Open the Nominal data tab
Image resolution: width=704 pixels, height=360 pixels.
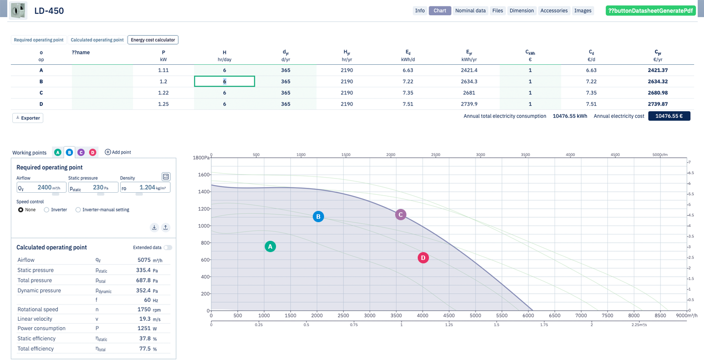[x=470, y=11]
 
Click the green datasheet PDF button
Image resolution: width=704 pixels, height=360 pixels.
[x=650, y=11]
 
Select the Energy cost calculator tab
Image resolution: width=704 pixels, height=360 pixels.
[x=153, y=40]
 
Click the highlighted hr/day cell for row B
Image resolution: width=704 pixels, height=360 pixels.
[x=225, y=81]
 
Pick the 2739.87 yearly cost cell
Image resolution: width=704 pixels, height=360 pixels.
[x=657, y=104]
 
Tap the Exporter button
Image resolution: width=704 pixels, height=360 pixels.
[x=27, y=118]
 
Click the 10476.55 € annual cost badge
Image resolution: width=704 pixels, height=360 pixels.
[x=669, y=116]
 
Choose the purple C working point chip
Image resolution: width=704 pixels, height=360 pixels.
[x=81, y=153]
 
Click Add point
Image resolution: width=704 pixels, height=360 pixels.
[x=118, y=152]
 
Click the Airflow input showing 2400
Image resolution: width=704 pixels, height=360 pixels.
[x=42, y=188]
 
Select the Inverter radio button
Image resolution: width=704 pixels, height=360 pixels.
[x=47, y=210]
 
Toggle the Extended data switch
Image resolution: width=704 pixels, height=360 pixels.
[x=168, y=248]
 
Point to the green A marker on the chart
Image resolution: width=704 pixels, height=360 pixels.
[x=270, y=247]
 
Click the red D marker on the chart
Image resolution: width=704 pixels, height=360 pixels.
[x=423, y=258]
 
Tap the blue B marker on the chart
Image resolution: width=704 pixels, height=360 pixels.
[x=318, y=217]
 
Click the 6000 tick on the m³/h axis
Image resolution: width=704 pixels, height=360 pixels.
[x=528, y=315]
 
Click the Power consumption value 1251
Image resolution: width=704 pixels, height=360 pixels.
[x=144, y=328]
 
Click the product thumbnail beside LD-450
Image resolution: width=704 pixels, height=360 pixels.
[x=18, y=11]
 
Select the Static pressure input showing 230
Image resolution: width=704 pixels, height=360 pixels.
[x=93, y=188]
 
